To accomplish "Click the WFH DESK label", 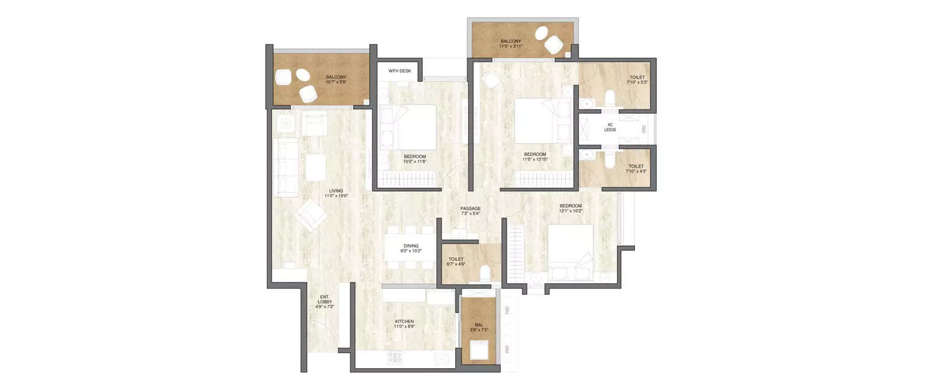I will (x=400, y=71).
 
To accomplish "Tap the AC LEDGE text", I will (x=610, y=127).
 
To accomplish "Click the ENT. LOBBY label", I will (x=325, y=301).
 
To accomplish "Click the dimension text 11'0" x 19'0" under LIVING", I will (x=336, y=196).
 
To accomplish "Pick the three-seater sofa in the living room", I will (x=285, y=166).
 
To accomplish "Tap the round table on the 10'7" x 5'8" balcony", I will (x=303, y=76).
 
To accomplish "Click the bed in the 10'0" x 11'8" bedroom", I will (x=410, y=127).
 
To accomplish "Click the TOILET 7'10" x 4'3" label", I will (x=636, y=169).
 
